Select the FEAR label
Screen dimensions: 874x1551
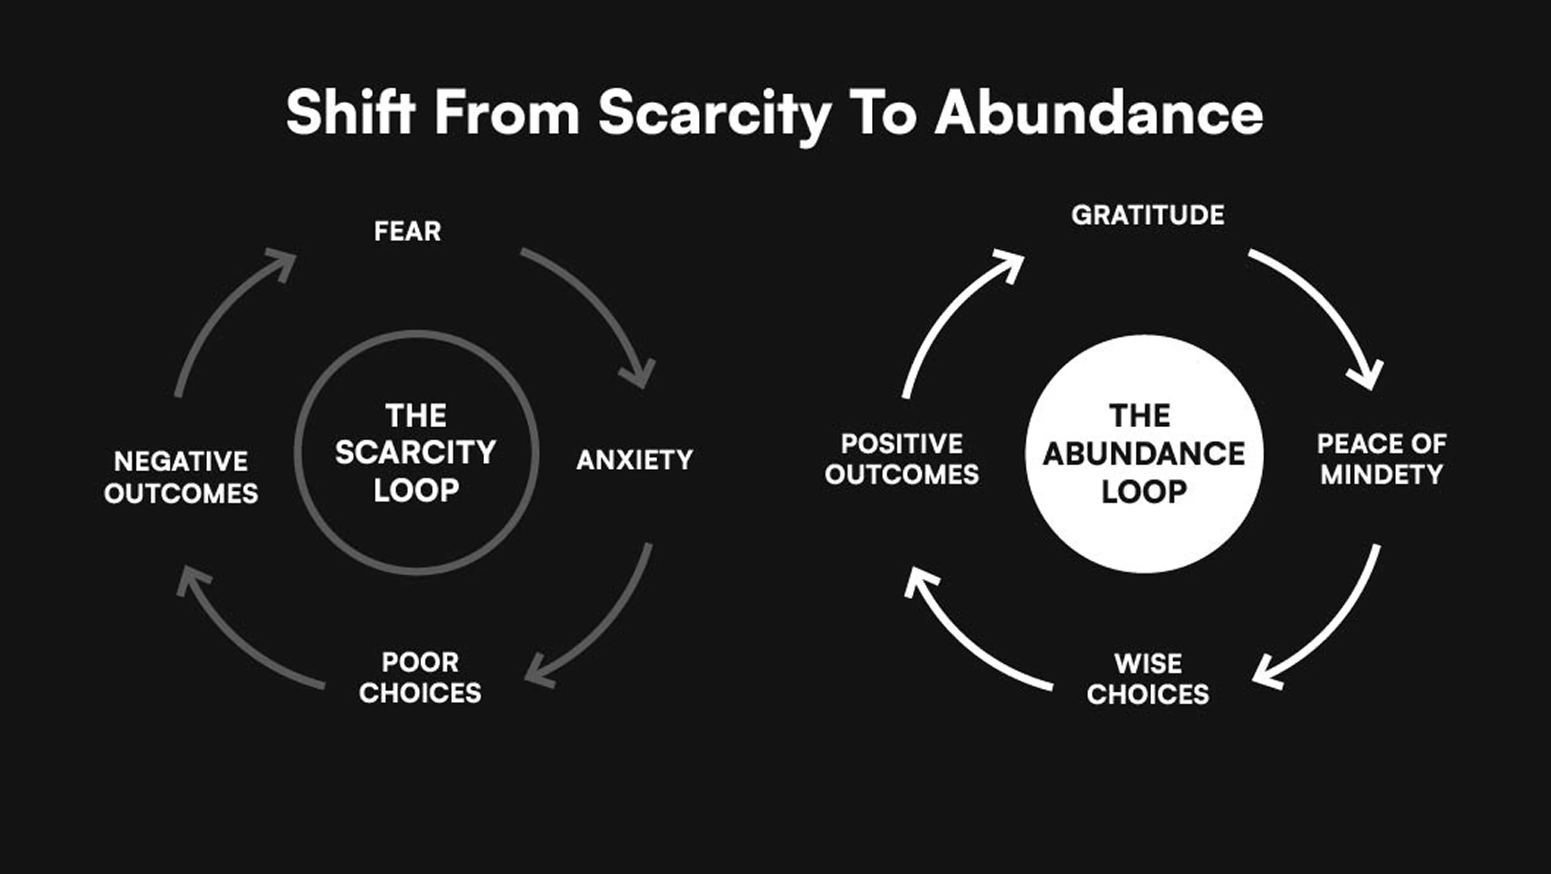tap(408, 231)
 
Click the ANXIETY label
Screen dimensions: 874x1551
tap(635, 460)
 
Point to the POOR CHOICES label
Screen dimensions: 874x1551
tap(420, 677)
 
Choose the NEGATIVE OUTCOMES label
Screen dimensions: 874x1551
tap(181, 477)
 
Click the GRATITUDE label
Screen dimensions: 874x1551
tap(1147, 216)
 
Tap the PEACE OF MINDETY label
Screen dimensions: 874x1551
tap(1381, 459)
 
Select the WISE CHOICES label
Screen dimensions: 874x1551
tap(1147, 679)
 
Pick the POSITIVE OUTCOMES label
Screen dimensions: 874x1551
tap(902, 459)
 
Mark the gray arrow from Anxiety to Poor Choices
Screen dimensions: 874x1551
tap(608, 627)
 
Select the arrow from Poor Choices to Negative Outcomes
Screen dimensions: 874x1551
tap(235, 638)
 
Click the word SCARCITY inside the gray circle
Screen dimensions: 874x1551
tap(415, 452)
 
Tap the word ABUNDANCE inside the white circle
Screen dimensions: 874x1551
tap(1144, 454)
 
